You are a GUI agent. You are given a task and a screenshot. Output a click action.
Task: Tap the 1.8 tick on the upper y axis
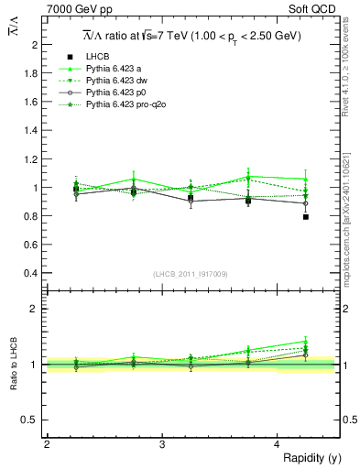point(34,73)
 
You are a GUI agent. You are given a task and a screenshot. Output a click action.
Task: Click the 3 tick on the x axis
point(161,444)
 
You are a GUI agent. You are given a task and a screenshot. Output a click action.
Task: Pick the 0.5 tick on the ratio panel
point(34,420)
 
